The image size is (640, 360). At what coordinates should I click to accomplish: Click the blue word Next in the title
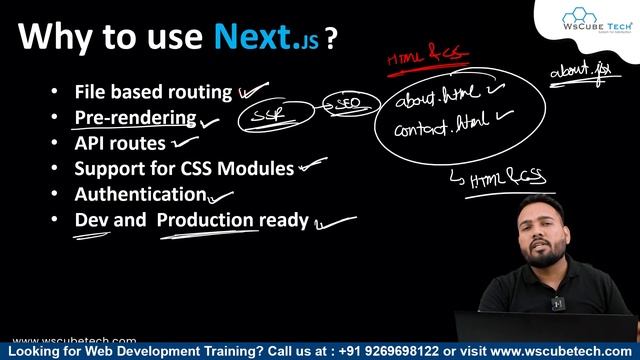(254, 37)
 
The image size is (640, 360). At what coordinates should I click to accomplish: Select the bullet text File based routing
(153, 92)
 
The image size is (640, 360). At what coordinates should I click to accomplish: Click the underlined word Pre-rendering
(135, 118)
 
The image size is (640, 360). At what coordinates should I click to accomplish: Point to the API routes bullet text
(120, 143)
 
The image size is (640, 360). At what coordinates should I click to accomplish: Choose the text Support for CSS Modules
(184, 168)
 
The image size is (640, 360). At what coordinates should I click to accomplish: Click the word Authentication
(140, 194)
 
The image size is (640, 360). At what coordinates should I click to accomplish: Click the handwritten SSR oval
(268, 115)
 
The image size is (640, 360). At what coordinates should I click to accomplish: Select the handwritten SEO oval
(348, 103)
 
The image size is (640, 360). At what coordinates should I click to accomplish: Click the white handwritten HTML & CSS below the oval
(507, 177)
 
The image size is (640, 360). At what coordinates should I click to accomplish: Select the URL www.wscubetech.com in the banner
(564, 352)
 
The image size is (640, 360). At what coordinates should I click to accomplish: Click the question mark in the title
(330, 38)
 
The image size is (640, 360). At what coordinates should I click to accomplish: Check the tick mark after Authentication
(220, 197)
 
